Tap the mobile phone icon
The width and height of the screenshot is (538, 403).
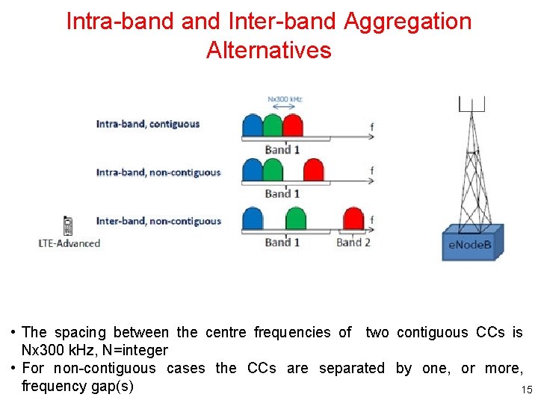(68, 225)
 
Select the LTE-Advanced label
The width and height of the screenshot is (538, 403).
(69, 243)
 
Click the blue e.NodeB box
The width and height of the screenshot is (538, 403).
(469, 243)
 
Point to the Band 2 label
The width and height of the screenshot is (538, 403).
(353, 242)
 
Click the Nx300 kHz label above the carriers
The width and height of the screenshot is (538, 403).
(285, 99)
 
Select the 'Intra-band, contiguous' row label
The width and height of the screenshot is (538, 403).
(148, 124)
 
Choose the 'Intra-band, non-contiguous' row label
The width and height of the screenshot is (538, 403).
(158, 172)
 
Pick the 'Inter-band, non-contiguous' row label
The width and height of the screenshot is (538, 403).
(158, 221)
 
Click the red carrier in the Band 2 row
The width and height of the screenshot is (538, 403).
(353, 219)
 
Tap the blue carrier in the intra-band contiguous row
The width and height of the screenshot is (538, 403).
(253, 125)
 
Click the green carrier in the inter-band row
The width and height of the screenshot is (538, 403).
(296, 219)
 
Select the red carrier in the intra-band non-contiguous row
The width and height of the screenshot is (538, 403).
(313, 171)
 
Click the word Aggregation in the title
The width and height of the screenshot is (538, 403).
(408, 21)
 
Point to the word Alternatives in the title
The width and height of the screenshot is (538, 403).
(268, 51)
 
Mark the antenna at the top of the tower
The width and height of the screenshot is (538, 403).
(472, 104)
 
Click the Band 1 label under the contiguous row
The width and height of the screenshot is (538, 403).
(282, 149)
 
